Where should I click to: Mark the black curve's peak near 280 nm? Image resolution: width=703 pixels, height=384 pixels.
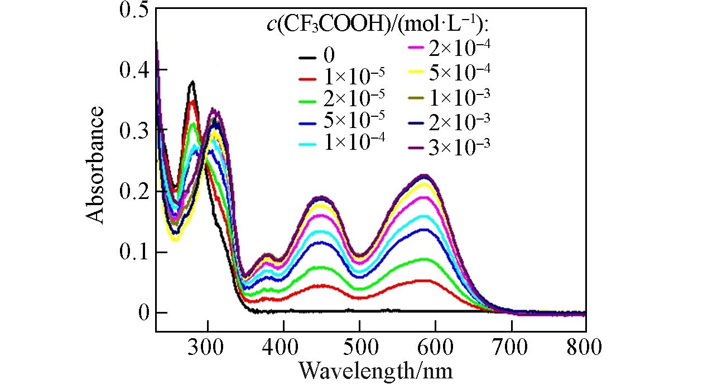(x=192, y=82)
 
